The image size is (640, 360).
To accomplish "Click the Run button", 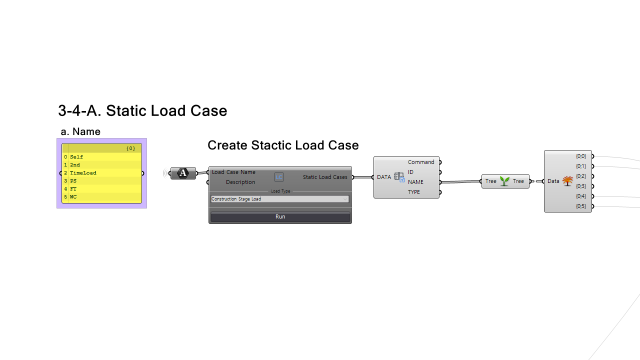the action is (280, 217).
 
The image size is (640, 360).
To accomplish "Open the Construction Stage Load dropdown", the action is (280, 199).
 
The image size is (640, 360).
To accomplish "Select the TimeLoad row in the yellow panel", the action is (83, 173).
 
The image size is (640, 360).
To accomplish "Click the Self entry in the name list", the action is (76, 157).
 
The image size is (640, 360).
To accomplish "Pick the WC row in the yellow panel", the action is (73, 197).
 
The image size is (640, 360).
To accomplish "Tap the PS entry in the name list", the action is (73, 181).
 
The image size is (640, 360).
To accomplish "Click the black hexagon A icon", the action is (183, 173).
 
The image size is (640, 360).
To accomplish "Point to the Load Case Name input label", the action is (233, 172).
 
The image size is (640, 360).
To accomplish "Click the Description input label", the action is (240, 182).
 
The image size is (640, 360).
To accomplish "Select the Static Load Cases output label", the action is (325, 177).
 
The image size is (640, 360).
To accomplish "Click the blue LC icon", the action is (279, 177).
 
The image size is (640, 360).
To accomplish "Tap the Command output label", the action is (421, 162).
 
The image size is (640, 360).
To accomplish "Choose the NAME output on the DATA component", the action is (415, 182).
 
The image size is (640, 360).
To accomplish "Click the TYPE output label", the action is (414, 192).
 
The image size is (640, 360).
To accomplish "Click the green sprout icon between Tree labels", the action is (504, 181).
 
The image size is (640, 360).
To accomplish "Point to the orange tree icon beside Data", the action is (567, 181).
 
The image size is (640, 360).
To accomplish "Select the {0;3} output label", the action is (581, 186).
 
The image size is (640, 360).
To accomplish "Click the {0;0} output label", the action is (581, 156).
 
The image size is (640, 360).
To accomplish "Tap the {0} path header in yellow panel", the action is (130, 148).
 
